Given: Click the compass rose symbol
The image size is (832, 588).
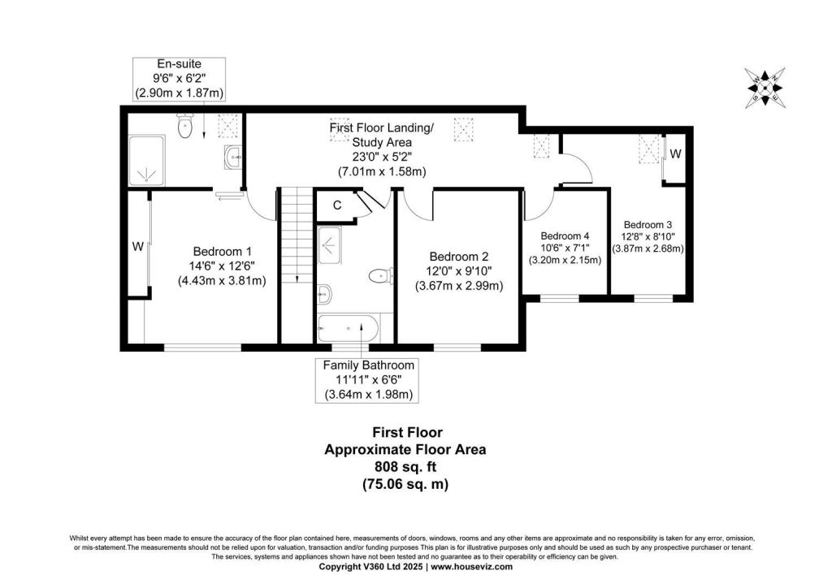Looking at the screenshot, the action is (x=765, y=88).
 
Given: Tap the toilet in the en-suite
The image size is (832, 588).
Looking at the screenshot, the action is (x=184, y=125).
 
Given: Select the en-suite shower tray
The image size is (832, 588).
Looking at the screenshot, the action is (x=146, y=161).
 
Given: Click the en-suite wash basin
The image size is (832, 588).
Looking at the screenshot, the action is (x=232, y=157).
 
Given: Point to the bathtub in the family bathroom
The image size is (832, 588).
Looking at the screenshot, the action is (x=348, y=328).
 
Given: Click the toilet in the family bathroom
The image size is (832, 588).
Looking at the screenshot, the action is (x=380, y=276).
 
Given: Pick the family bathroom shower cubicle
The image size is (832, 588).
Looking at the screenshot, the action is (x=329, y=245).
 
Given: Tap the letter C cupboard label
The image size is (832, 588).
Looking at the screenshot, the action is (x=337, y=205).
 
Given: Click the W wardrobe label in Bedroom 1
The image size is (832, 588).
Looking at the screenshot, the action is (x=138, y=247).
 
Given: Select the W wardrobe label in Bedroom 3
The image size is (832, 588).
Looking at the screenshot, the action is (x=675, y=153).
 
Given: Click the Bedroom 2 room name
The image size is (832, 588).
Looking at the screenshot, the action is (x=459, y=257).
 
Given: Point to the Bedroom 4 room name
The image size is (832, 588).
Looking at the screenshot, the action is (x=565, y=236).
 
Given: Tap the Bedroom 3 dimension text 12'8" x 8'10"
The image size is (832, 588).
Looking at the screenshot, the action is (x=648, y=236).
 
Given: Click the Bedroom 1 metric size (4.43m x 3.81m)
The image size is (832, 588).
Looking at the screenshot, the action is (x=222, y=280).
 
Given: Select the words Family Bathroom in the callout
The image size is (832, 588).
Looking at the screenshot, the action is (x=369, y=365).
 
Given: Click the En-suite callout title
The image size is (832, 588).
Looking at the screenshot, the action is (x=180, y=64).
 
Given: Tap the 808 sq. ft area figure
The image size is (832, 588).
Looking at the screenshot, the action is (x=405, y=466).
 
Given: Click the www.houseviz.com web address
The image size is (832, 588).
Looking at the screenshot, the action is (x=472, y=567).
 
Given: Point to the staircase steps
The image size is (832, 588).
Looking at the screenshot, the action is (x=296, y=236).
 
